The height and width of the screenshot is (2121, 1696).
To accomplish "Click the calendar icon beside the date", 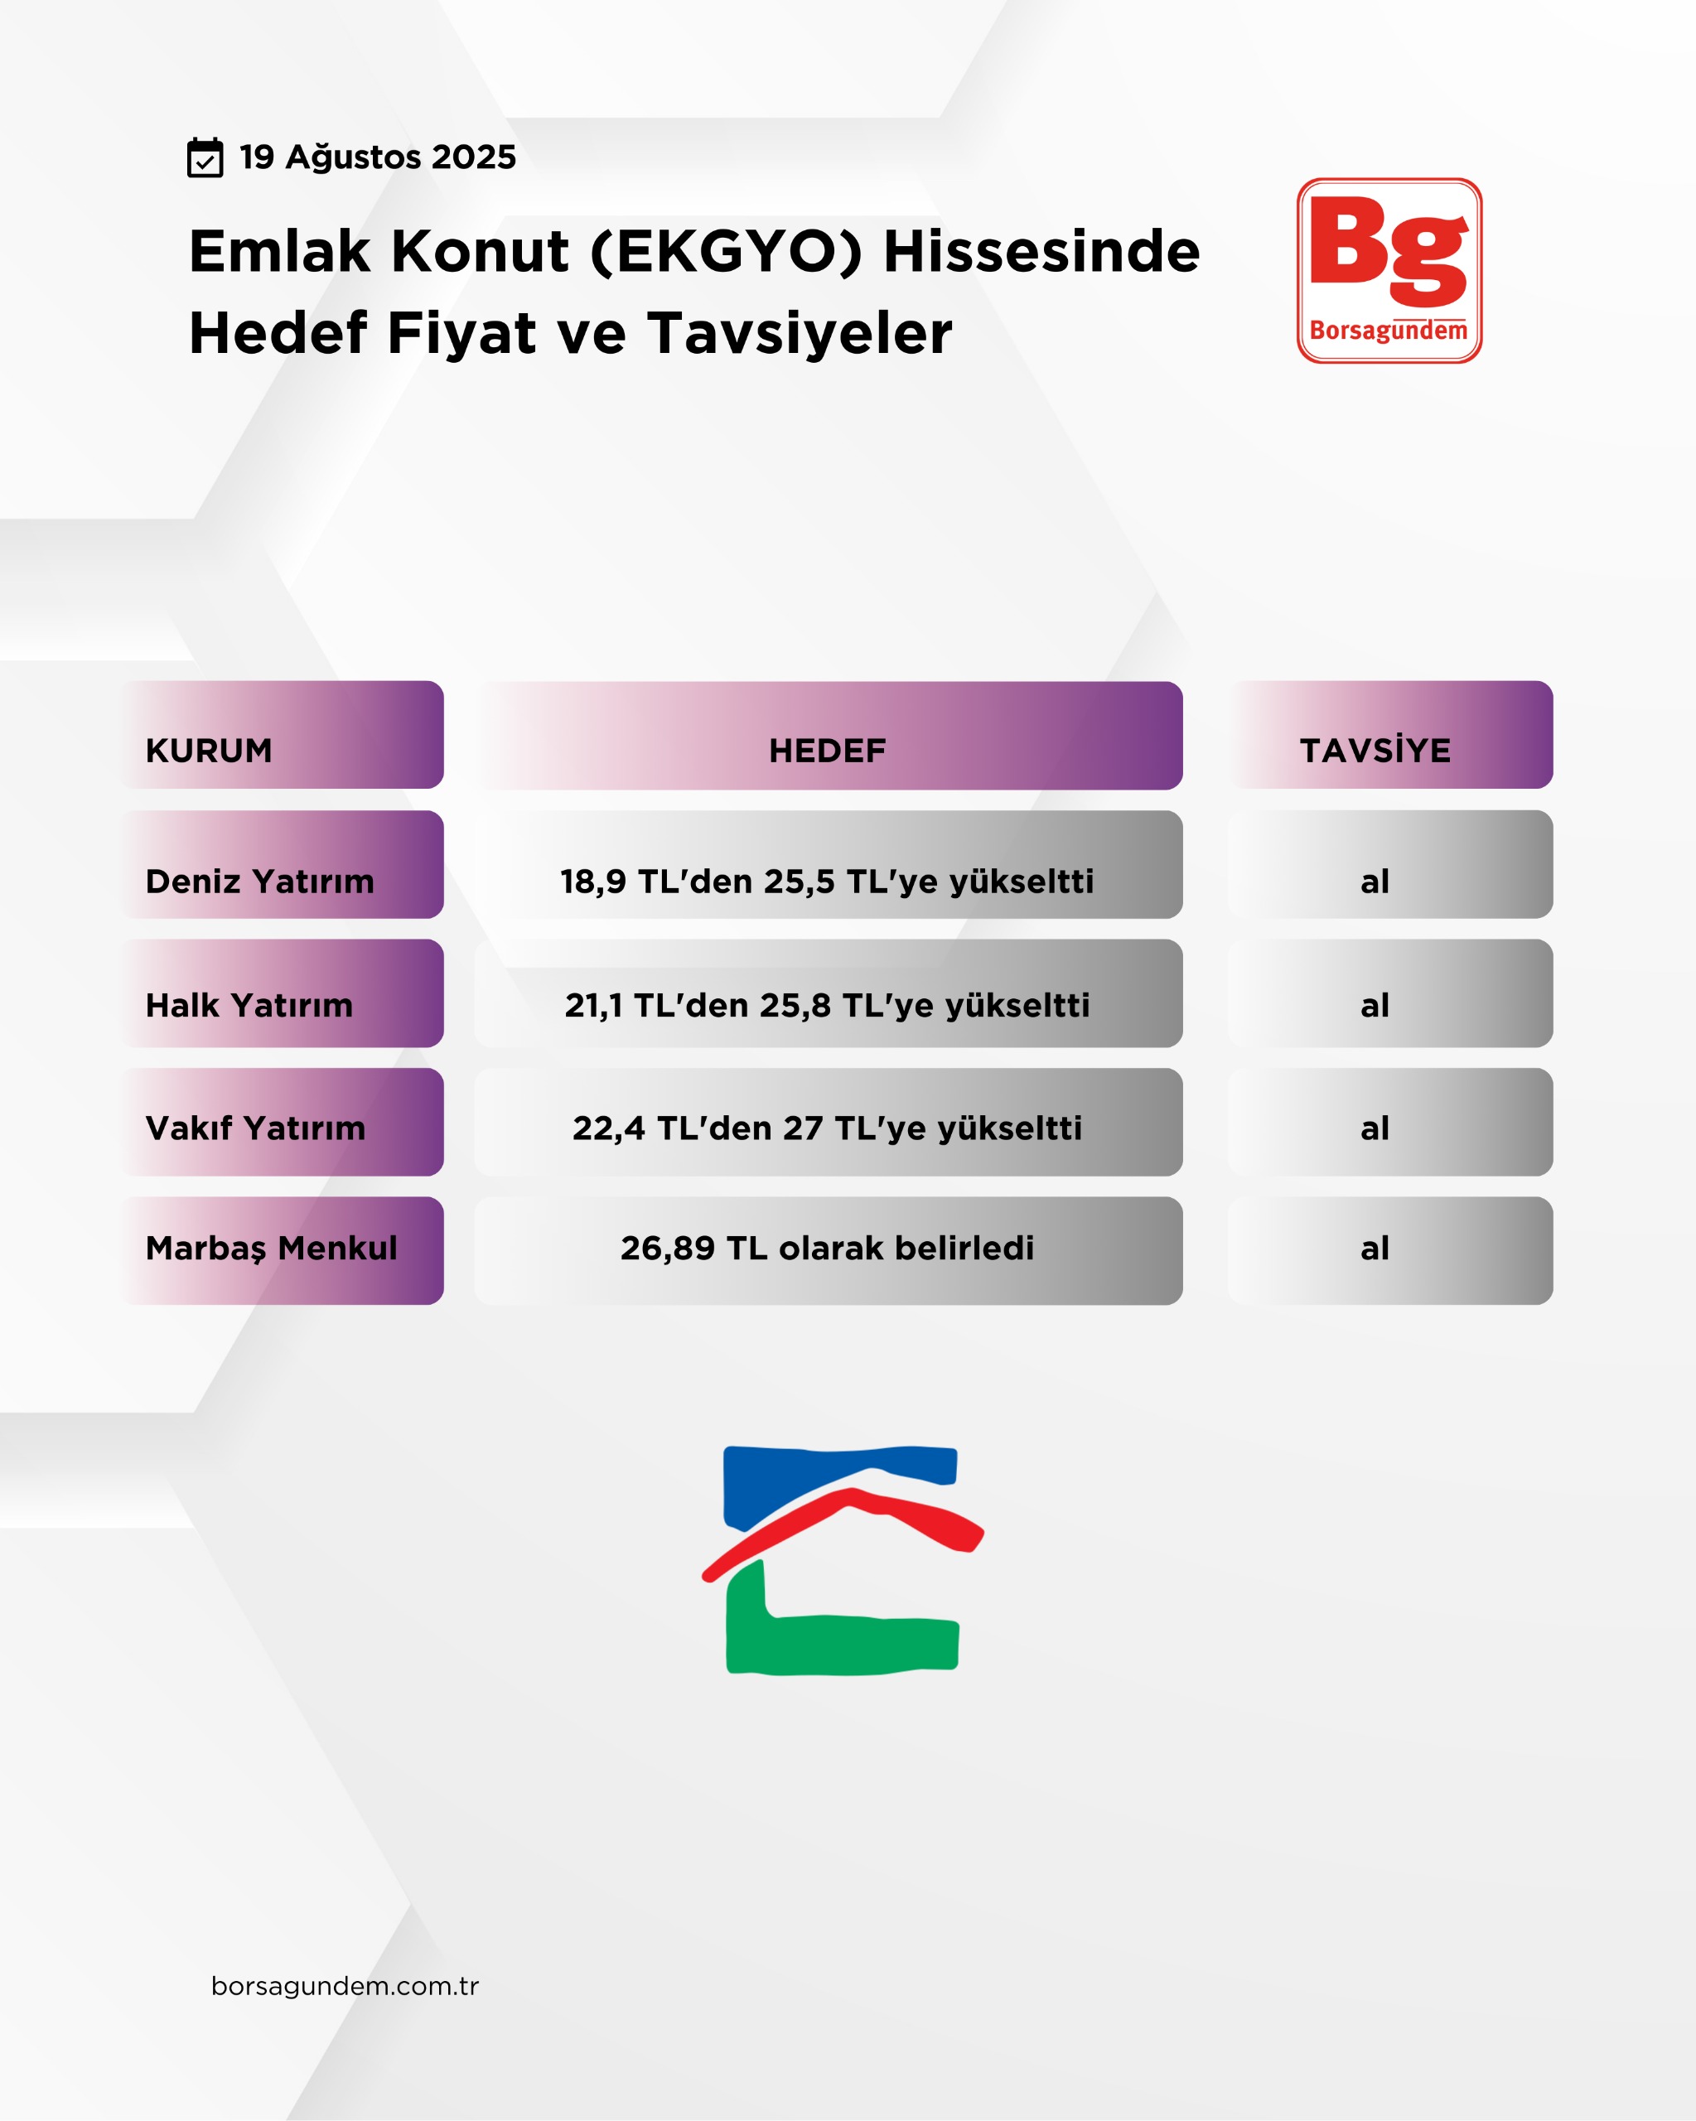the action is (205, 157).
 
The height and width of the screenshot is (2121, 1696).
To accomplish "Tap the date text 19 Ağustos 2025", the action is (378, 157).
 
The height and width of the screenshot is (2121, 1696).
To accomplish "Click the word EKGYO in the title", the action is (726, 251).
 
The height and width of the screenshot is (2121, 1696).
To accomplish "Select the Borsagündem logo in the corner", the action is (1389, 271).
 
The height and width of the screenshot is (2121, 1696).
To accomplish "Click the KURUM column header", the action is (283, 735).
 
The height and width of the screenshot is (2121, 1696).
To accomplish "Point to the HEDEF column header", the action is (829, 736).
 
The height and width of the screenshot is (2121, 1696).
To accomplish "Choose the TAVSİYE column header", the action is (1390, 735).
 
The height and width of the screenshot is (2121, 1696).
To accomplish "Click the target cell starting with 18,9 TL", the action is (829, 865).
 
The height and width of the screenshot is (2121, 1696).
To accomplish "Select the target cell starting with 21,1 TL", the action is (829, 993).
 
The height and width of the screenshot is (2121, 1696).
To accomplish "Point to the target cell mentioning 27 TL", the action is (829, 1123).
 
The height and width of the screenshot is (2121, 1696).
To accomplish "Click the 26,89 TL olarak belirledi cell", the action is (829, 1251).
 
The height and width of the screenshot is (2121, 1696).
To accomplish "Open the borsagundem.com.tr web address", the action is (345, 1985).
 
